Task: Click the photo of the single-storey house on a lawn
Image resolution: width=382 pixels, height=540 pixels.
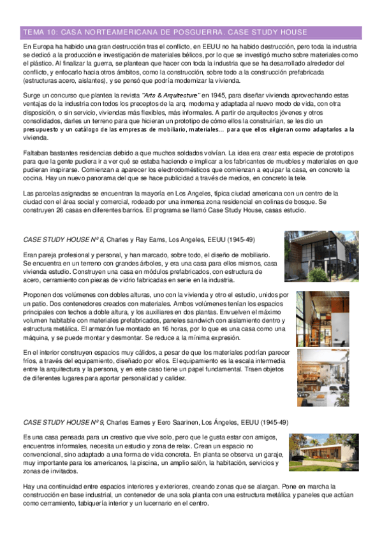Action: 323,452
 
